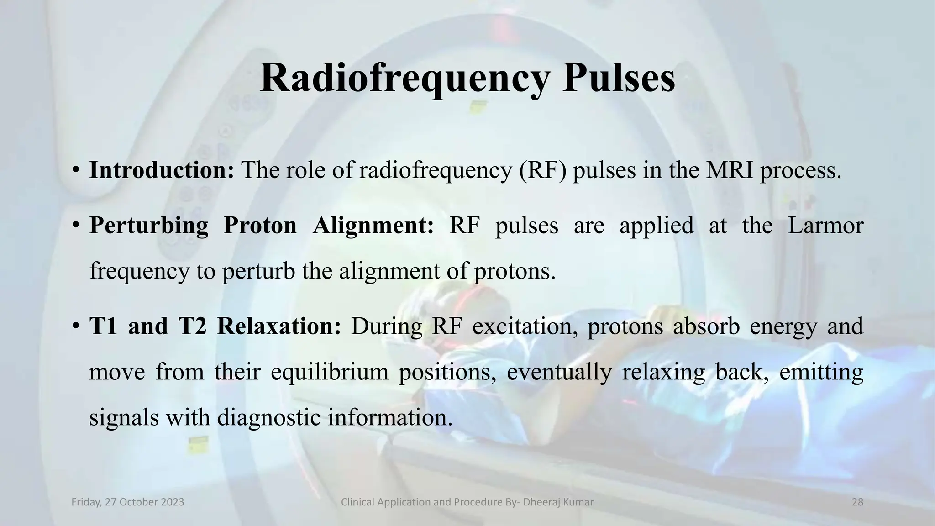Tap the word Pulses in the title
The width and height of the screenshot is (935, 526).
[x=619, y=79]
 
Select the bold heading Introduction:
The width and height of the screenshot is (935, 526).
[x=162, y=170]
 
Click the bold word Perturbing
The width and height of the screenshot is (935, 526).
[x=148, y=226]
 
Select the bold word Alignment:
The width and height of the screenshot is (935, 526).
[x=373, y=226]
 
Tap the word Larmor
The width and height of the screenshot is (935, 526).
[x=825, y=226]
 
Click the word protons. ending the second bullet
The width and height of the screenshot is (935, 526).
[x=515, y=271]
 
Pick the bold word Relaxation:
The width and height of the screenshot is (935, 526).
[x=278, y=326]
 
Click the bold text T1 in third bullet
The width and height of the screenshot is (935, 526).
[x=103, y=326]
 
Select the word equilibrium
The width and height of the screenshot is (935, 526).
[x=329, y=372]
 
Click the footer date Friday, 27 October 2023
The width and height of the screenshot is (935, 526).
[x=128, y=502]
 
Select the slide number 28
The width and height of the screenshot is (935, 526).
[x=857, y=502]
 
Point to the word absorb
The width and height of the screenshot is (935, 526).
[x=706, y=326]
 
